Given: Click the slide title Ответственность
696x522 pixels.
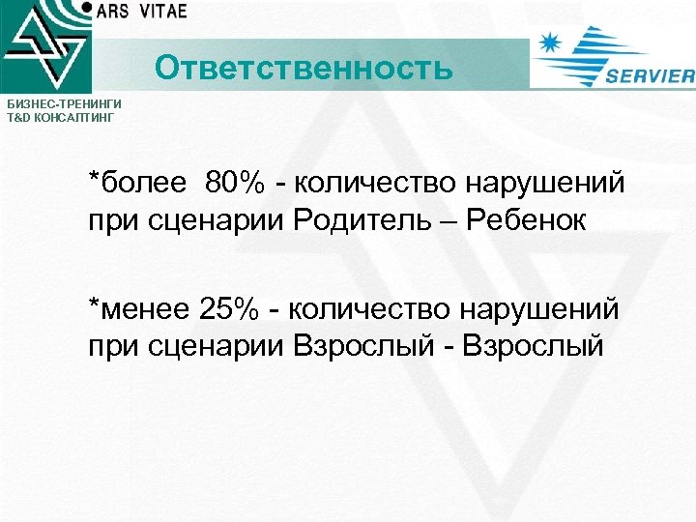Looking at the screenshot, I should [x=303, y=69].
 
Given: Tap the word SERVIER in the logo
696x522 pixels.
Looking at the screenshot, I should [x=650, y=77].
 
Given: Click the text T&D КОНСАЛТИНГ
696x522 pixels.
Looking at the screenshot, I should [x=60, y=117].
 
